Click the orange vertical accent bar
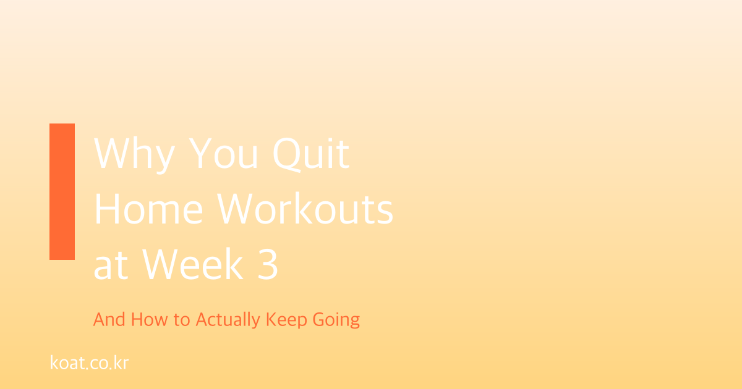[x=62, y=191]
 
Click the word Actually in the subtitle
[x=228, y=320]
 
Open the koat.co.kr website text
[x=89, y=362]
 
